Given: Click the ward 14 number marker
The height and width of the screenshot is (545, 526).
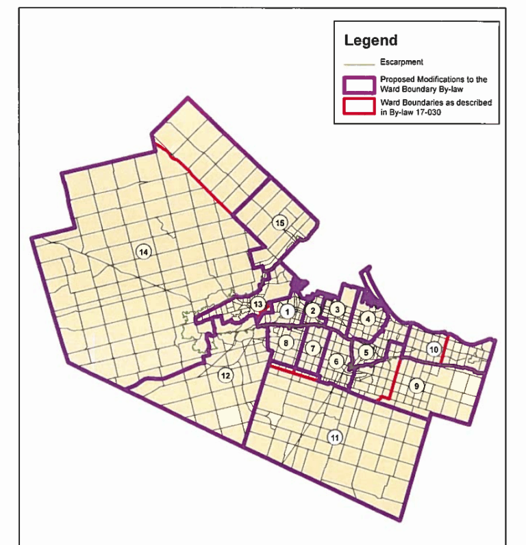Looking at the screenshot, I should tap(143, 252).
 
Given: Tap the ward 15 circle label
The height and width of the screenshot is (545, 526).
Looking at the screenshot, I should tap(279, 223).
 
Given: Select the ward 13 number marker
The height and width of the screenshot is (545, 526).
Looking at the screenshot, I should tap(258, 304).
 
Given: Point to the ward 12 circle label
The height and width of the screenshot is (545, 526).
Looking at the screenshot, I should tap(225, 375).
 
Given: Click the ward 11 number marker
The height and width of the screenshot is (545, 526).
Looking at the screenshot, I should tap(334, 438).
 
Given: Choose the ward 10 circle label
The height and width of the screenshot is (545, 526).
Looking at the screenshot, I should tap(433, 349).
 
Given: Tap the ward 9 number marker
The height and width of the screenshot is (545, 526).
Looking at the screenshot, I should tap(416, 386).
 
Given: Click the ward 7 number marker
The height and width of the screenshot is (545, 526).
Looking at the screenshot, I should tap(313, 348).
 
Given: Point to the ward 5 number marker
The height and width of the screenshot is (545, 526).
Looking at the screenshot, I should tap(366, 351).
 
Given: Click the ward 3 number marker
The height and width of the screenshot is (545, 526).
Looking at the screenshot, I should tap(336, 309).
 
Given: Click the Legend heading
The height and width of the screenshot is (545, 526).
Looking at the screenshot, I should tap(371, 40).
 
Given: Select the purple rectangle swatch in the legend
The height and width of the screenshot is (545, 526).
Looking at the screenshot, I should tap(359, 85).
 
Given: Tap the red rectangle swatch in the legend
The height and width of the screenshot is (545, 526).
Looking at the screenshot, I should tap(359, 107).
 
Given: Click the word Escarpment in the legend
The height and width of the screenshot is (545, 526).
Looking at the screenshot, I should tap(398, 62).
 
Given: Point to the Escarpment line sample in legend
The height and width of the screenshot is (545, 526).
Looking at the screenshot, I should tap(359, 64).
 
